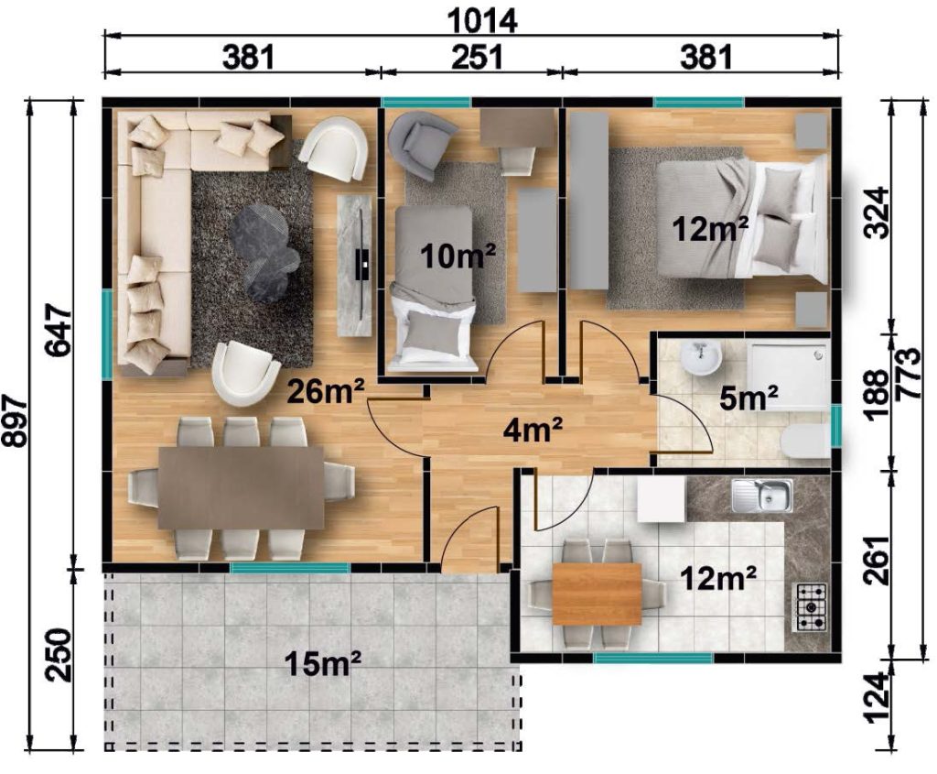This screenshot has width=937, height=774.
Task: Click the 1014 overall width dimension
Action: click(x=481, y=22)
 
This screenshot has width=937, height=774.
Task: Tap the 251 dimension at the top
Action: click(x=476, y=58)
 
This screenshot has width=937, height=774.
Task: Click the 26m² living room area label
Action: click(x=326, y=392)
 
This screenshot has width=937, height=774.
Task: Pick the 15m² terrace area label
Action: click(x=323, y=663)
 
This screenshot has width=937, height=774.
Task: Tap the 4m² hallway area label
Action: click(x=533, y=431)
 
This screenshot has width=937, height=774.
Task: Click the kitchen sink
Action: click(x=762, y=496)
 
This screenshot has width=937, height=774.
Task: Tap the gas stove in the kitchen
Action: click(x=810, y=607)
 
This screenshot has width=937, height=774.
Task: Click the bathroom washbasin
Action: click(x=701, y=358)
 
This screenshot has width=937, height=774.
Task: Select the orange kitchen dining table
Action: click(x=597, y=594)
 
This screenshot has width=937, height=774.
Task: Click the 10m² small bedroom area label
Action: click(x=458, y=256)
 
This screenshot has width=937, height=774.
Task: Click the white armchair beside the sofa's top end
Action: click(x=333, y=148)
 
